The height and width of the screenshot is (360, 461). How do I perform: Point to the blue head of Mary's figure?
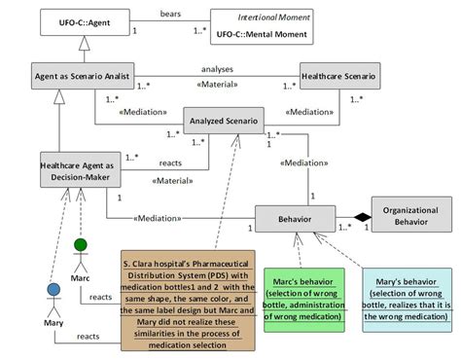point(53,290)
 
